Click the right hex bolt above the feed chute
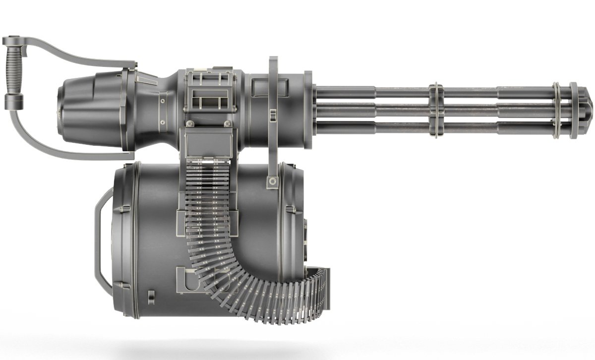coord(227,123)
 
